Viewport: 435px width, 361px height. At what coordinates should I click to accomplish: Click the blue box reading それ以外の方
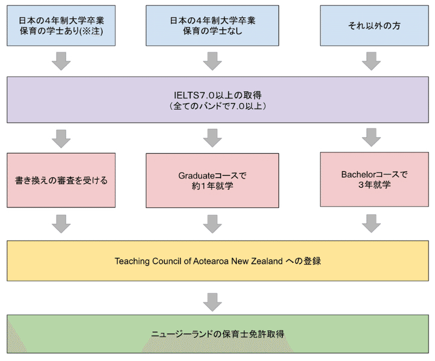coord(373,26)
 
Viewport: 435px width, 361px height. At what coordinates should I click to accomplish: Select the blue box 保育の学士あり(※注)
coord(61,26)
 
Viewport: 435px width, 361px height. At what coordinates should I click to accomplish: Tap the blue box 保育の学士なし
coord(212,26)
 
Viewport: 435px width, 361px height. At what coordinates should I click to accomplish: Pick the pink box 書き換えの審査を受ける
coord(61,180)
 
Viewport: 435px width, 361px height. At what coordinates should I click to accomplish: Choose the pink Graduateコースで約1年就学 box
coord(212,180)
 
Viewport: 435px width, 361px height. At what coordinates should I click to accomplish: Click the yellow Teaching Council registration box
coord(217,261)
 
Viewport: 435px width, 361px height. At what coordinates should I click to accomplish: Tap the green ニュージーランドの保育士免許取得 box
coord(217,333)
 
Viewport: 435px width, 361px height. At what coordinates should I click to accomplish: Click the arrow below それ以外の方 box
coord(371,61)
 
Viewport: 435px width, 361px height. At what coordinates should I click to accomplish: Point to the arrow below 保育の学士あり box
coord(61,61)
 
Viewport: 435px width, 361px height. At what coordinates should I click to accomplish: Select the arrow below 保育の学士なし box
coord(212,61)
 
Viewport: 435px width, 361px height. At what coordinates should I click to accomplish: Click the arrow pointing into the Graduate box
coord(212,138)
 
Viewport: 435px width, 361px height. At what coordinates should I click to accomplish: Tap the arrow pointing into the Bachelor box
coord(371,138)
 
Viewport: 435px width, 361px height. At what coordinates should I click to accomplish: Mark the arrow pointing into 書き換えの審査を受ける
coord(61,138)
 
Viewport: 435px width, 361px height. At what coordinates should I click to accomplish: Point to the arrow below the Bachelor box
coord(371,223)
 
